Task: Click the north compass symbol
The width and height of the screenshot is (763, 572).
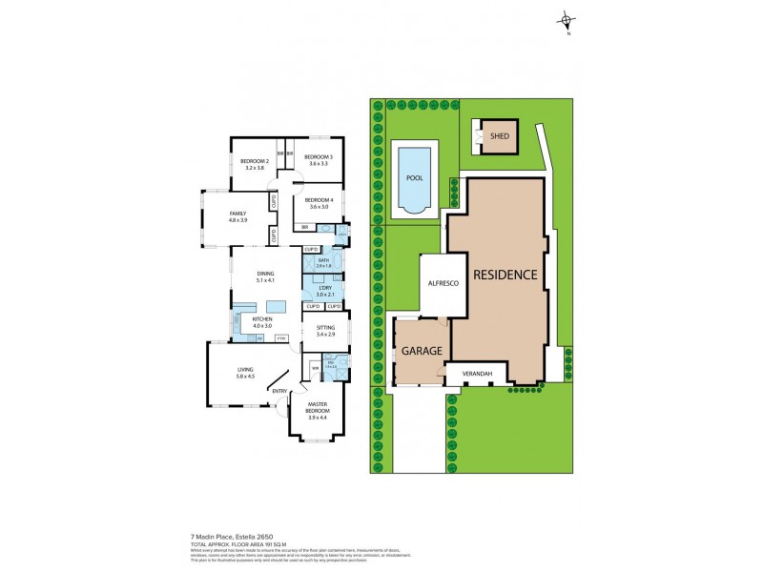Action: [x=567, y=21]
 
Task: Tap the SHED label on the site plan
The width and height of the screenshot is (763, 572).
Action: [x=499, y=136]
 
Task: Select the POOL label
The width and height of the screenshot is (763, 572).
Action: [x=414, y=177]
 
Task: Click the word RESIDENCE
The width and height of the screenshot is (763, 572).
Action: [x=504, y=275]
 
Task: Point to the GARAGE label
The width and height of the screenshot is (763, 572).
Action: [x=421, y=351]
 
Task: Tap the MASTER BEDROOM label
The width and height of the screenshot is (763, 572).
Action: [x=318, y=407]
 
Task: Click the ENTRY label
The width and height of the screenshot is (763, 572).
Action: [x=279, y=391]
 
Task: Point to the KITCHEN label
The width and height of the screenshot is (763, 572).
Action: [x=262, y=319]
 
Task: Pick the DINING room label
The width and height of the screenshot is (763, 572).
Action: [x=265, y=274]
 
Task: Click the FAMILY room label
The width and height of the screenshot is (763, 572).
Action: [x=237, y=214]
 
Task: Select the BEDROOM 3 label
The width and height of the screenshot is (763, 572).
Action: [x=318, y=156]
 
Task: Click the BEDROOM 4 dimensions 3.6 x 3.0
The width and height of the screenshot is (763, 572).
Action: [x=318, y=207]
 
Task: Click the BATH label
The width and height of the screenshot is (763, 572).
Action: [x=324, y=260]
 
